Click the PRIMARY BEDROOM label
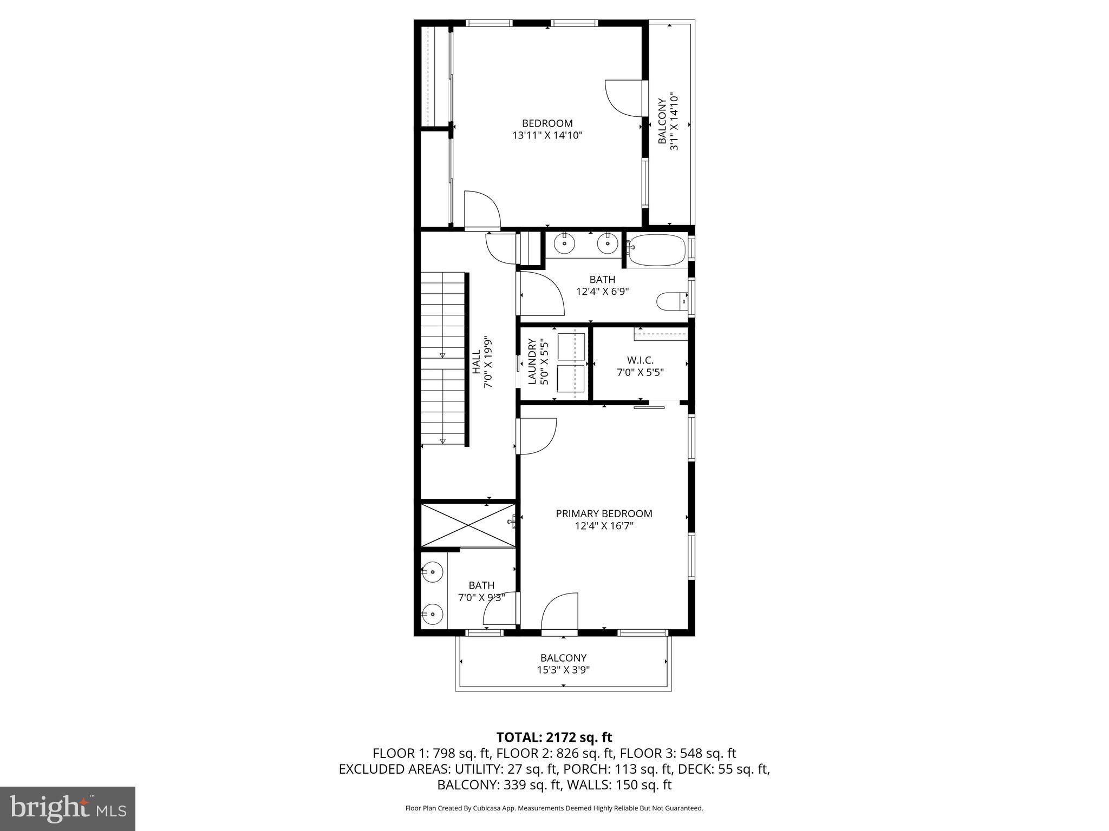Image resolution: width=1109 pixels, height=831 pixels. point(604,513)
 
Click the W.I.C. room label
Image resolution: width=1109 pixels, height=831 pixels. point(640,360)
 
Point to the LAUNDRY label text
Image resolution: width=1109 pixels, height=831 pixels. point(532,361)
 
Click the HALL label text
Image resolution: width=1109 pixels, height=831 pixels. point(476,361)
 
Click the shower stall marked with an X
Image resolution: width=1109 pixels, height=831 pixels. point(468,524)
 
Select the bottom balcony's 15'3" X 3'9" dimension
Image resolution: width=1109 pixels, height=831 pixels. point(563,670)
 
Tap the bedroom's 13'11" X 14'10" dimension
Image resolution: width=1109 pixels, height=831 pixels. point(547,135)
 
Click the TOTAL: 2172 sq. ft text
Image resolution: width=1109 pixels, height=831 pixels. point(554,737)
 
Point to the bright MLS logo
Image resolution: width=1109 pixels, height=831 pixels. point(68,808)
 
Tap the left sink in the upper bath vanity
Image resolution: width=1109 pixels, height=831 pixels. point(565,244)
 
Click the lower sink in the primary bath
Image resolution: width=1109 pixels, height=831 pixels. point(433,614)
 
